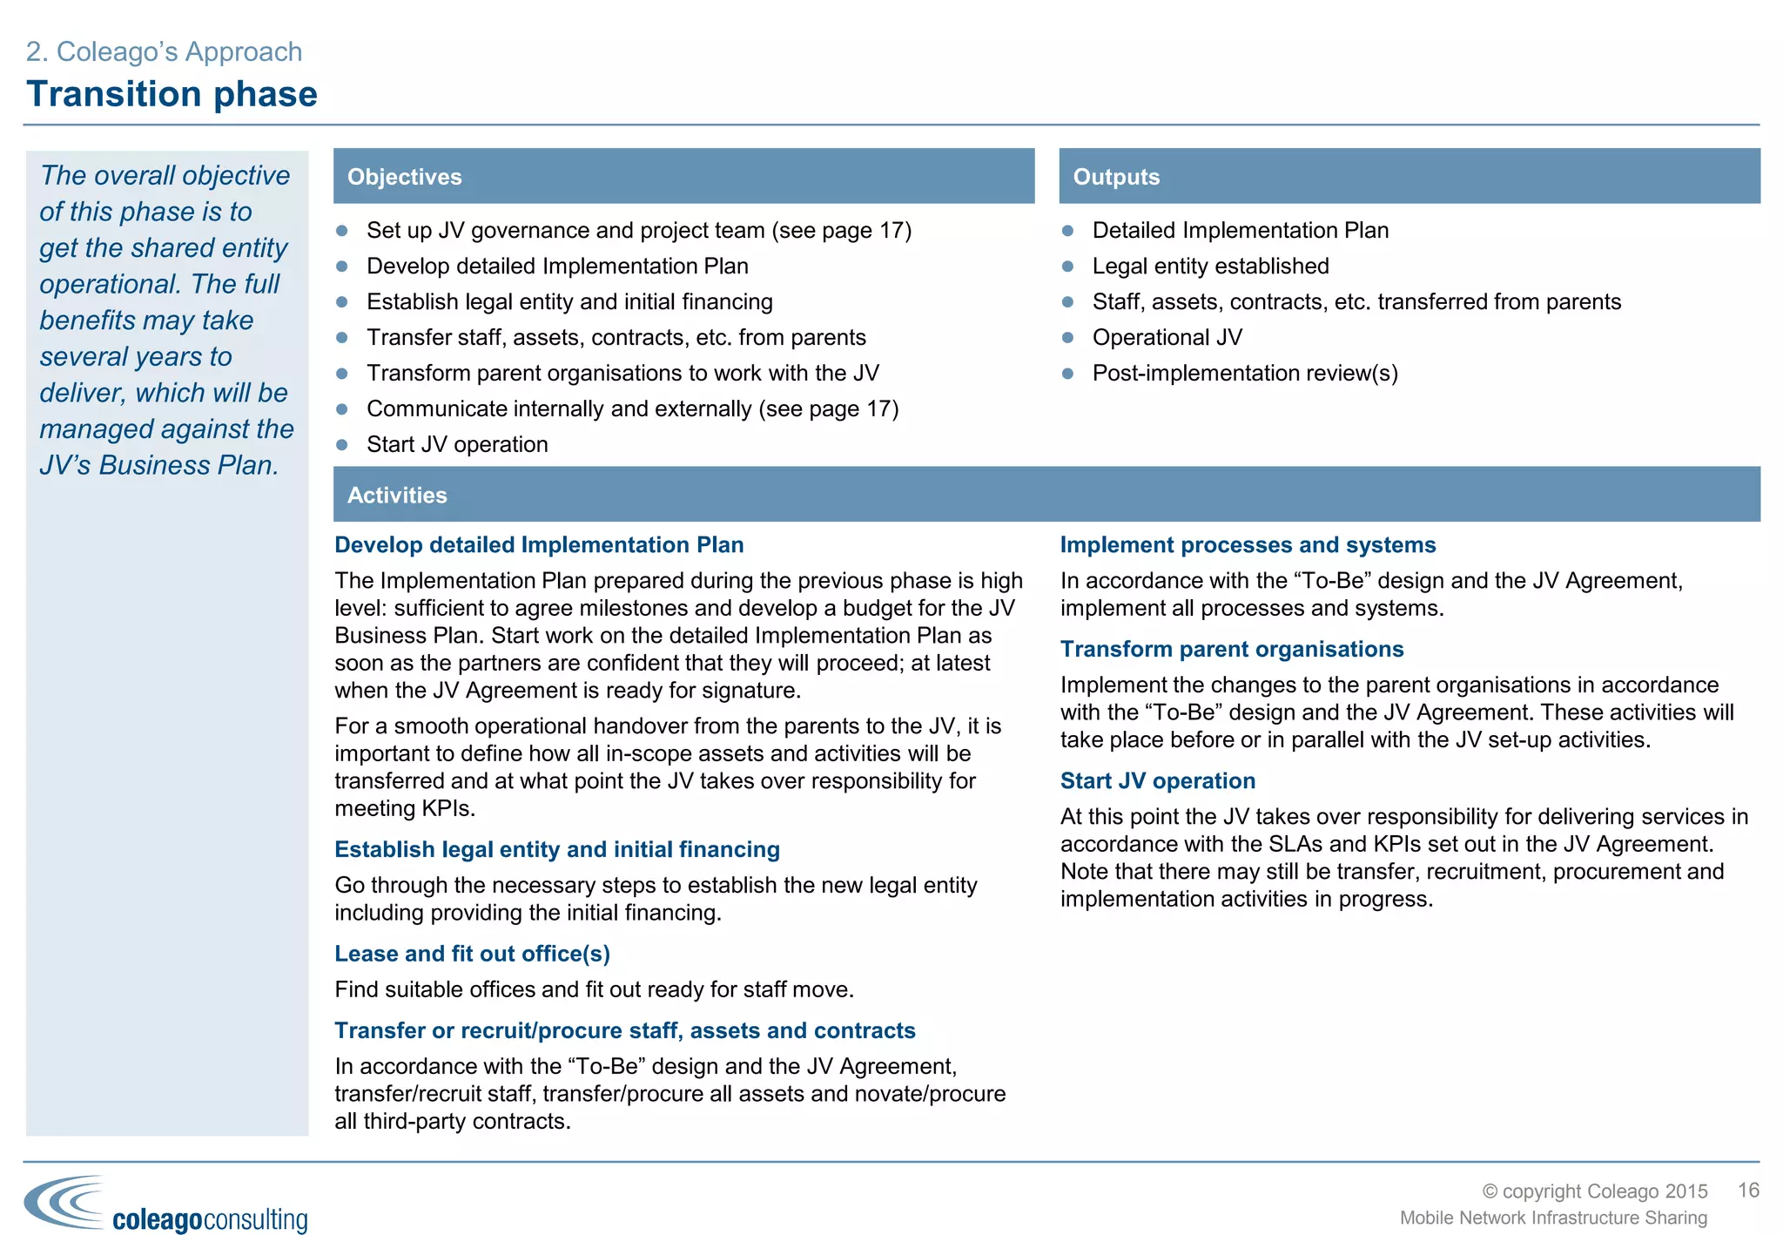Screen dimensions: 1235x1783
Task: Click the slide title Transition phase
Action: click(x=172, y=94)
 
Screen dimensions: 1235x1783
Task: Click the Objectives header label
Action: click(x=404, y=177)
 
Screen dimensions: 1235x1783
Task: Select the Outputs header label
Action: click(x=1116, y=177)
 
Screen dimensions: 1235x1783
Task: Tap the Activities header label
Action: click(x=397, y=495)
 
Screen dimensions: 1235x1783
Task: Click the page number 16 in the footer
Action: click(x=1748, y=1190)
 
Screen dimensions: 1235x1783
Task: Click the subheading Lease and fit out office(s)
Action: click(x=472, y=954)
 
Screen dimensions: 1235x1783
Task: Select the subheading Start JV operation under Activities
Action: click(x=1157, y=780)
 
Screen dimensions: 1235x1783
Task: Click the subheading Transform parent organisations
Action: click(x=1231, y=649)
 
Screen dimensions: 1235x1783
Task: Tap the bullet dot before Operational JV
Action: click(x=1068, y=338)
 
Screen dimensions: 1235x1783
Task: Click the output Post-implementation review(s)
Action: click(x=1244, y=373)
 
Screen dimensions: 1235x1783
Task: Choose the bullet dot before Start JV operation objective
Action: click(x=342, y=445)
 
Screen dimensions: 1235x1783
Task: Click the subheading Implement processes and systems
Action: click(x=1248, y=544)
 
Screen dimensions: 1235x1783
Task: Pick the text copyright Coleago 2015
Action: click(x=1595, y=1191)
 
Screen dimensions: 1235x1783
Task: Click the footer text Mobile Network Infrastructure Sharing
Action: click(x=1553, y=1218)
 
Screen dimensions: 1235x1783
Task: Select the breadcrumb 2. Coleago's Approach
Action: click(x=164, y=51)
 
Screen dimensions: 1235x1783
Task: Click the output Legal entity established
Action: click(x=1210, y=266)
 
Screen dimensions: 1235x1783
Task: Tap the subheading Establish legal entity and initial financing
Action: click(x=557, y=849)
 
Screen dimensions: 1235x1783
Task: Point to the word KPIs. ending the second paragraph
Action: click(x=448, y=808)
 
